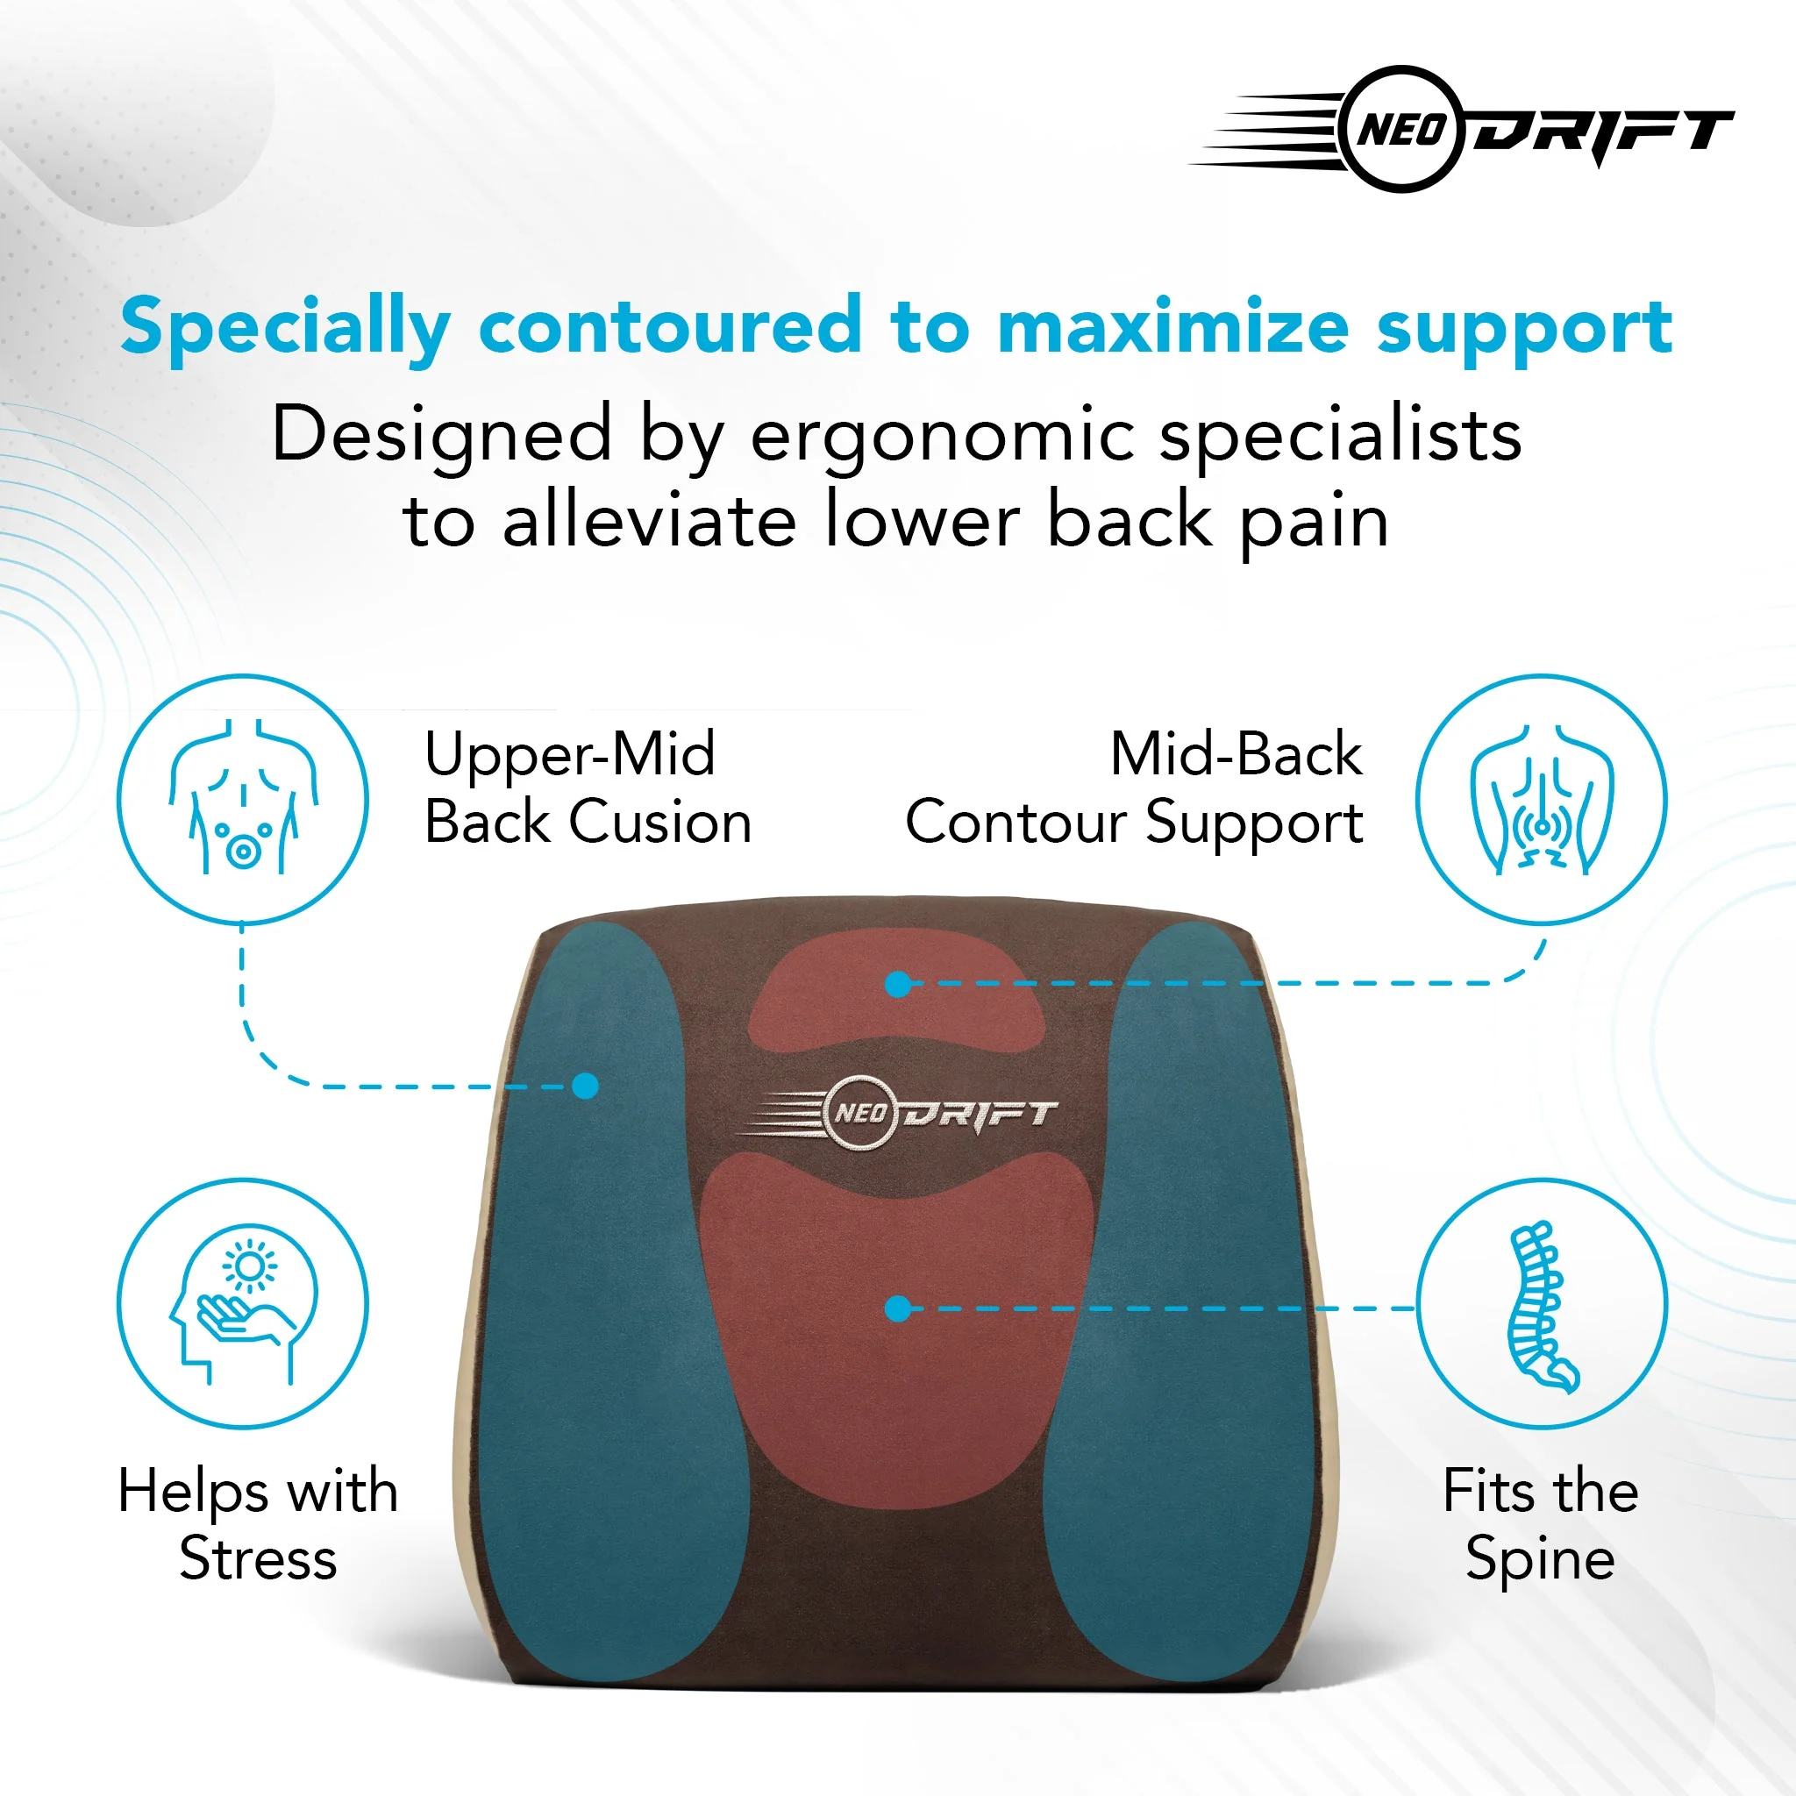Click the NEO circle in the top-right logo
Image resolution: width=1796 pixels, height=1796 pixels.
1402,129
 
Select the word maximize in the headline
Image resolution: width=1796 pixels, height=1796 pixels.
1173,327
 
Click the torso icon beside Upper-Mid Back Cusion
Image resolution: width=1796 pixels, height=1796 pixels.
243,800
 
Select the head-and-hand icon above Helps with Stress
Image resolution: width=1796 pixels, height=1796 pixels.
243,1303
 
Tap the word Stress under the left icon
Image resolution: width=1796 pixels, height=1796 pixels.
258,1558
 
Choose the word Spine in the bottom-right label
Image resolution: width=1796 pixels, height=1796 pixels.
1539,1558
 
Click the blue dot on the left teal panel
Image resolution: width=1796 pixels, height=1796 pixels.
585,1085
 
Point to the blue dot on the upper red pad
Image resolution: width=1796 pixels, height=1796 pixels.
897,984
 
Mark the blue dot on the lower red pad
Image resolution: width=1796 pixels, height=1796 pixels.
897,1309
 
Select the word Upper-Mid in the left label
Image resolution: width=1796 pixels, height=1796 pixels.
570,754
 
